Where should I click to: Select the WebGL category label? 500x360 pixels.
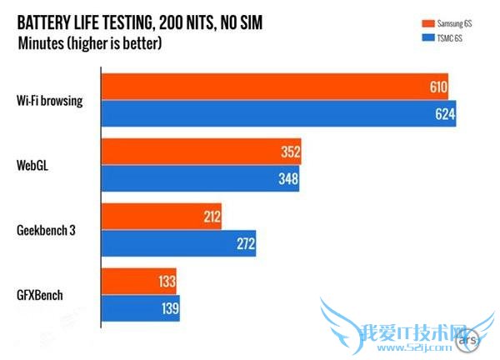[x=34, y=165]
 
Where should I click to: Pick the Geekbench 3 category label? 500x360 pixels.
[x=47, y=231]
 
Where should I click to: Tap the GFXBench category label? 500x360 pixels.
[x=41, y=296]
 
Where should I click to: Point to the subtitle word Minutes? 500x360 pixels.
[x=41, y=43]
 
